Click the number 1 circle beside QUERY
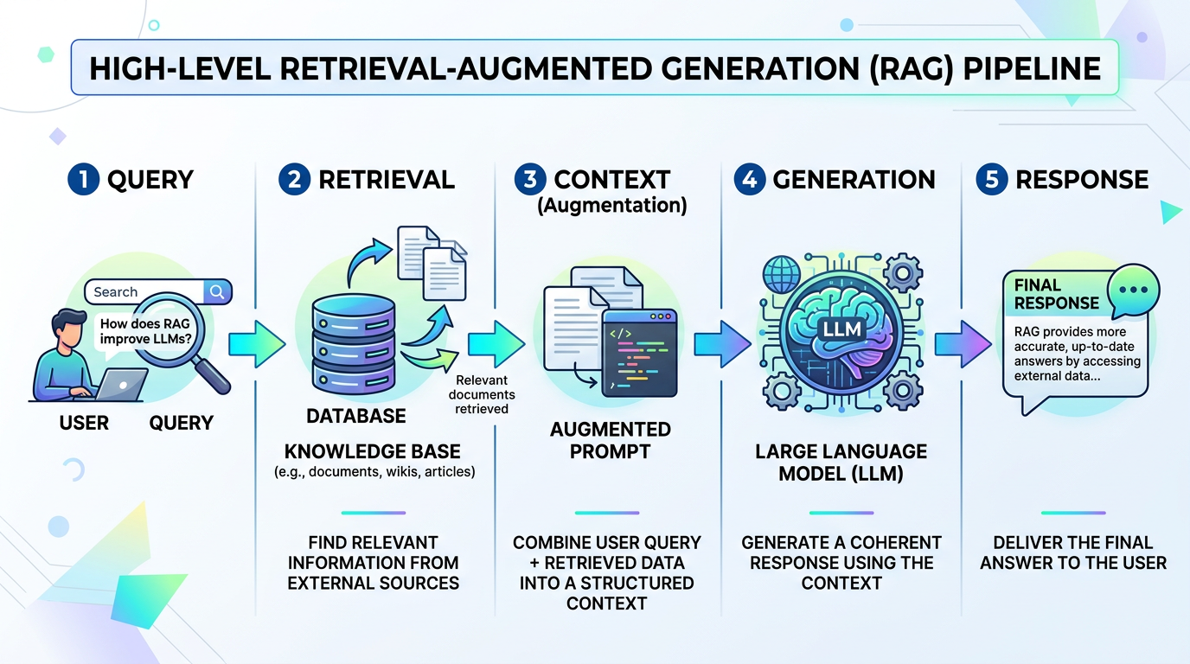80,179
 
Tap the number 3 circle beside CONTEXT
528,179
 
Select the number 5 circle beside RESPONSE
990,179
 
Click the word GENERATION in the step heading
854,179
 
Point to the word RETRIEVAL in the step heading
387,179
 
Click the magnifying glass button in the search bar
217,291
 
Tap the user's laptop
119,385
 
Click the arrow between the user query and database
257,342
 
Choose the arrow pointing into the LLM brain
723,342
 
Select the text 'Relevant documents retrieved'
482,394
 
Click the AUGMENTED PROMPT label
611,440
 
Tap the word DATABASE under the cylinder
355,416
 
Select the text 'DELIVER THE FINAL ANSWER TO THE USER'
1073,552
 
